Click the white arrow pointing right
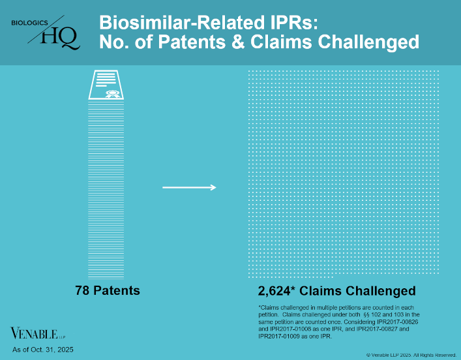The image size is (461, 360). pyautogui.click(x=188, y=188)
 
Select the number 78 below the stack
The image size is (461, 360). pyautogui.click(x=83, y=290)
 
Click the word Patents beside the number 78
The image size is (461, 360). pyautogui.click(x=117, y=290)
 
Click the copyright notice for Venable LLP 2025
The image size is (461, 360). pyautogui.click(x=411, y=355)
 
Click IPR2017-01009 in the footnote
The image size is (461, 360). pyautogui.click(x=281, y=335)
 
